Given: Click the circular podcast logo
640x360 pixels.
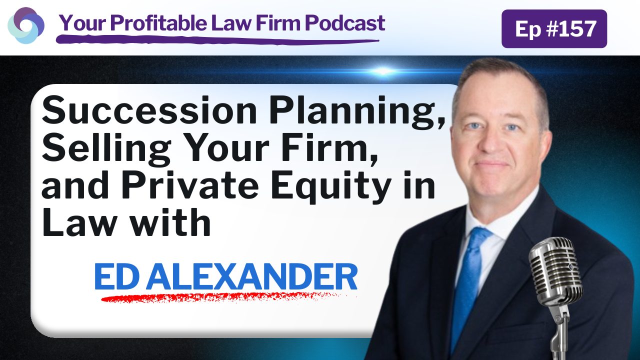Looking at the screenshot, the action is tap(25, 25).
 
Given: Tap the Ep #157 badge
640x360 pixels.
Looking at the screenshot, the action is tap(554, 28).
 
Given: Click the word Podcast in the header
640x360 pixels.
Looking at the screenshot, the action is tap(345, 23).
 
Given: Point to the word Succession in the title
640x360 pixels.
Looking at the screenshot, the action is tap(149, 110).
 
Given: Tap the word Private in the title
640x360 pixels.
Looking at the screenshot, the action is tap(190, 184).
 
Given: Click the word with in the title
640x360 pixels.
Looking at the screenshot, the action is tap(170, 222).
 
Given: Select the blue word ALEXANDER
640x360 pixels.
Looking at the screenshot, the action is tap(251, 276).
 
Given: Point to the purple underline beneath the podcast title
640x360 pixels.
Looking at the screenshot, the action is tap(217, 39).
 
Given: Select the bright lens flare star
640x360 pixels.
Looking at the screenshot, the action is tap(383, 71).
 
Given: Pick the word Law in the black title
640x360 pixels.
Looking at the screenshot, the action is tap(79, 222).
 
